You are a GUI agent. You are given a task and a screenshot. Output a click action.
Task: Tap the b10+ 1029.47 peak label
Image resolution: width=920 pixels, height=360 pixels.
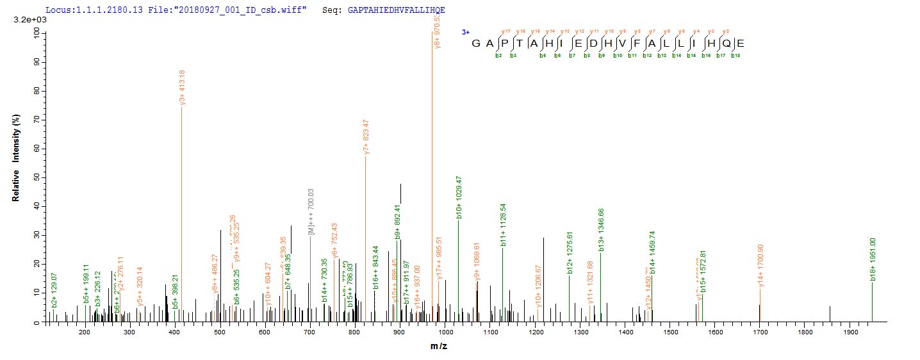459,197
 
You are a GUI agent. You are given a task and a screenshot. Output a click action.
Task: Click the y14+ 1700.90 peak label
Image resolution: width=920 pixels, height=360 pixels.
760,265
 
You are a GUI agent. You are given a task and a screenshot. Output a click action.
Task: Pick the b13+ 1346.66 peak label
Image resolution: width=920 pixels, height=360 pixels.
601,231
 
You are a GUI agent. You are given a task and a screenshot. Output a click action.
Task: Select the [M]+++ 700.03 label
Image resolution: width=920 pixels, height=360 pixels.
311,212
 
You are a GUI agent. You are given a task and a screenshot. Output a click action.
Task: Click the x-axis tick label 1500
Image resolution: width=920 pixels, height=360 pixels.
671,333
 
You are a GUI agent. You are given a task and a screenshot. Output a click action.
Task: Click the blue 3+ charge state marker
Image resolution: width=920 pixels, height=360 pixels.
466,31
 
